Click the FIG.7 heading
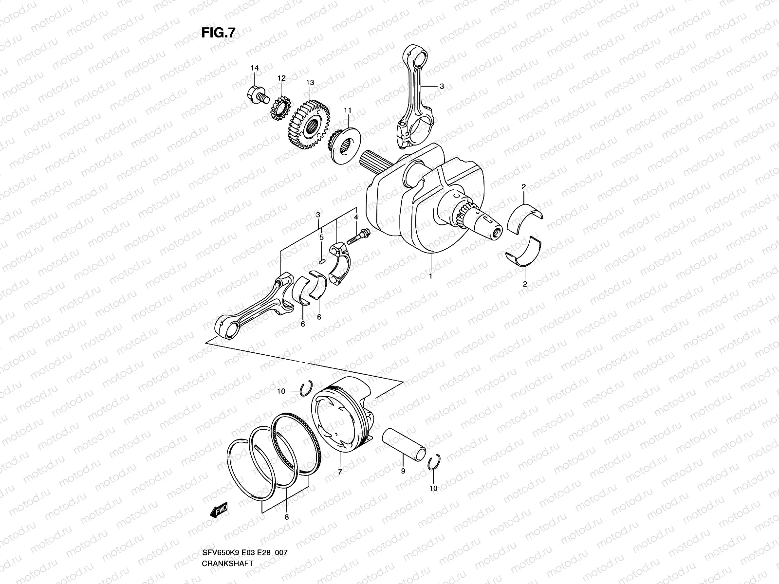tap(218, 33)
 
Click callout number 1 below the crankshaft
tap(430, 275)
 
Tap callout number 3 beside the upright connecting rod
tap(442, 86)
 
